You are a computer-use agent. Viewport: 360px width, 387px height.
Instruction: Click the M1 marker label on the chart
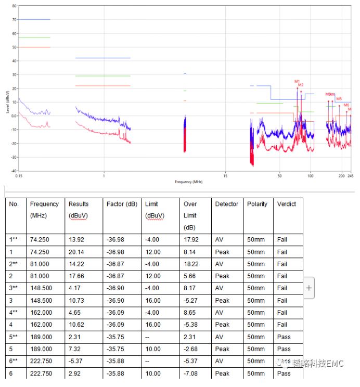[x=297, y=81]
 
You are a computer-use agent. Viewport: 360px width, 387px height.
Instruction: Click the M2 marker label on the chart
[x=301, y=85]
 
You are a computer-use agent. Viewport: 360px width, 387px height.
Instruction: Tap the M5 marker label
[x=339, y=99]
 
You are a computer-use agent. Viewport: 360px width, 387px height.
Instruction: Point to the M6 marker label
[x=346, y=105]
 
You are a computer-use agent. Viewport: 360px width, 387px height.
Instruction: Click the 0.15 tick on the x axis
[x=18, y=176]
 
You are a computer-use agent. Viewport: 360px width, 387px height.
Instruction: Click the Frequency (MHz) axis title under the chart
[x=188, y=182]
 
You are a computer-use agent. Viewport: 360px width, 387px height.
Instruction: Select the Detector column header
[x=227, y=204]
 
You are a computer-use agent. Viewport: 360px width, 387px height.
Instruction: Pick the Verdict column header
[x=287, y=204]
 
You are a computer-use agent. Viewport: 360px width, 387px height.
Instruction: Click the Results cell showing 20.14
[x=76, y=252]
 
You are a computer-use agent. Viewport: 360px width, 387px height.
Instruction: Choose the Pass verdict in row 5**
[x=284, y=337]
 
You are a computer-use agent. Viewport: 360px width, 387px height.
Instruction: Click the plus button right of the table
[x=309, y=288]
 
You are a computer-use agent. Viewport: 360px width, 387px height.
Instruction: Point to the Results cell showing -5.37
[x=77, y=361]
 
